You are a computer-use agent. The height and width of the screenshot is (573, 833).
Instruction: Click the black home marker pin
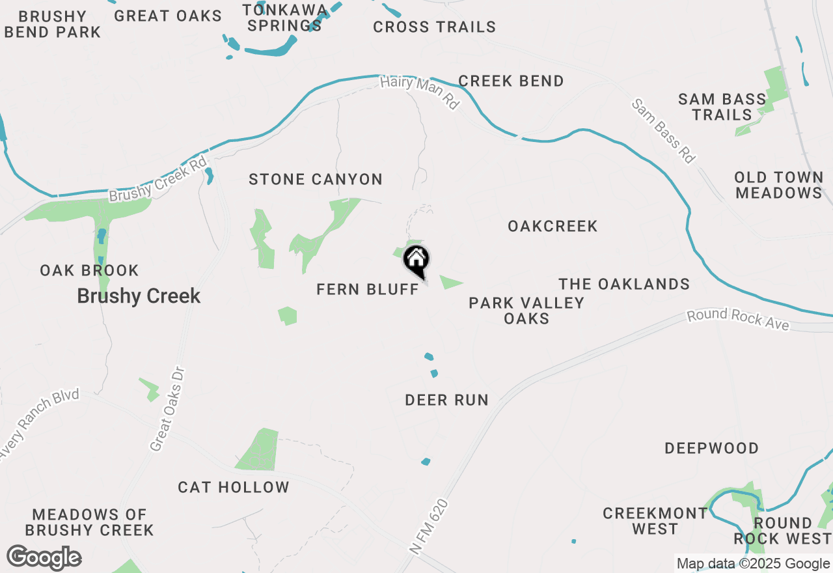point(416,260)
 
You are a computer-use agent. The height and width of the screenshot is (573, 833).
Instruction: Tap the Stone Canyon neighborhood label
point(316,179)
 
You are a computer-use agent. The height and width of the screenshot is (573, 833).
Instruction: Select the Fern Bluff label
point(368,289)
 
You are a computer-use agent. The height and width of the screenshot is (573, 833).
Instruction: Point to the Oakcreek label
point(553,226)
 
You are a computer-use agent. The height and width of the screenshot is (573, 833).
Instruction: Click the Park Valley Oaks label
point(526,311)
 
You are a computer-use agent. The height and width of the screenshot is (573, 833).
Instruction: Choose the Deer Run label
point(446,400)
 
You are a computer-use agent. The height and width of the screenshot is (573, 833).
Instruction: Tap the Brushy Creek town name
point(139,296)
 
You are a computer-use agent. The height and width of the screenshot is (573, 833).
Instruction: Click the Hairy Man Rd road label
point(419,92)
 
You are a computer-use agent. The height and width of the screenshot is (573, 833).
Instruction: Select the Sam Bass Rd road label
point(664,132)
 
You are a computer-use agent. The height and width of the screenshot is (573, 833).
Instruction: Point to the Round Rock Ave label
point(739,320)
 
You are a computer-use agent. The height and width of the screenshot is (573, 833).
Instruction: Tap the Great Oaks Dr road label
point(168,409)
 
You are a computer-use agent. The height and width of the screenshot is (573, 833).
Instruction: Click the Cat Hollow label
point(234,487)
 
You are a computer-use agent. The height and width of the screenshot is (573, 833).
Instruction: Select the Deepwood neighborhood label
point(711,448)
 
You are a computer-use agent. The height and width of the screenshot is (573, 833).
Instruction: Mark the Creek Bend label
point(511,81)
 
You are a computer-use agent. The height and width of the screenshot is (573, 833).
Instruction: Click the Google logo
point(44,558)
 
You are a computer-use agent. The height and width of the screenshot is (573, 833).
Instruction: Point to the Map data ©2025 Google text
point(752,564)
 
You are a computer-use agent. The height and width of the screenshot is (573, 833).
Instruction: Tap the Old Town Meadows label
point(778,186)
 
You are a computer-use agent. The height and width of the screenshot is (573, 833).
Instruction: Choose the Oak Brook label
point(89,270)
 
